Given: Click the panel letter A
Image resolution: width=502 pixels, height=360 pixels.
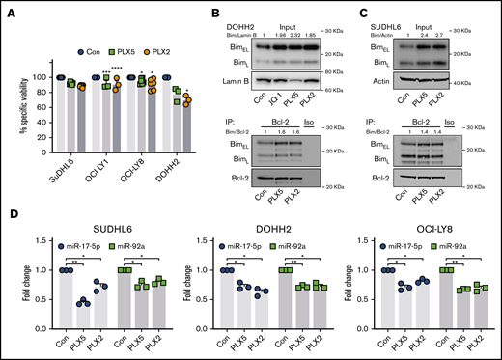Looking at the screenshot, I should click(x=8, y=10).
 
